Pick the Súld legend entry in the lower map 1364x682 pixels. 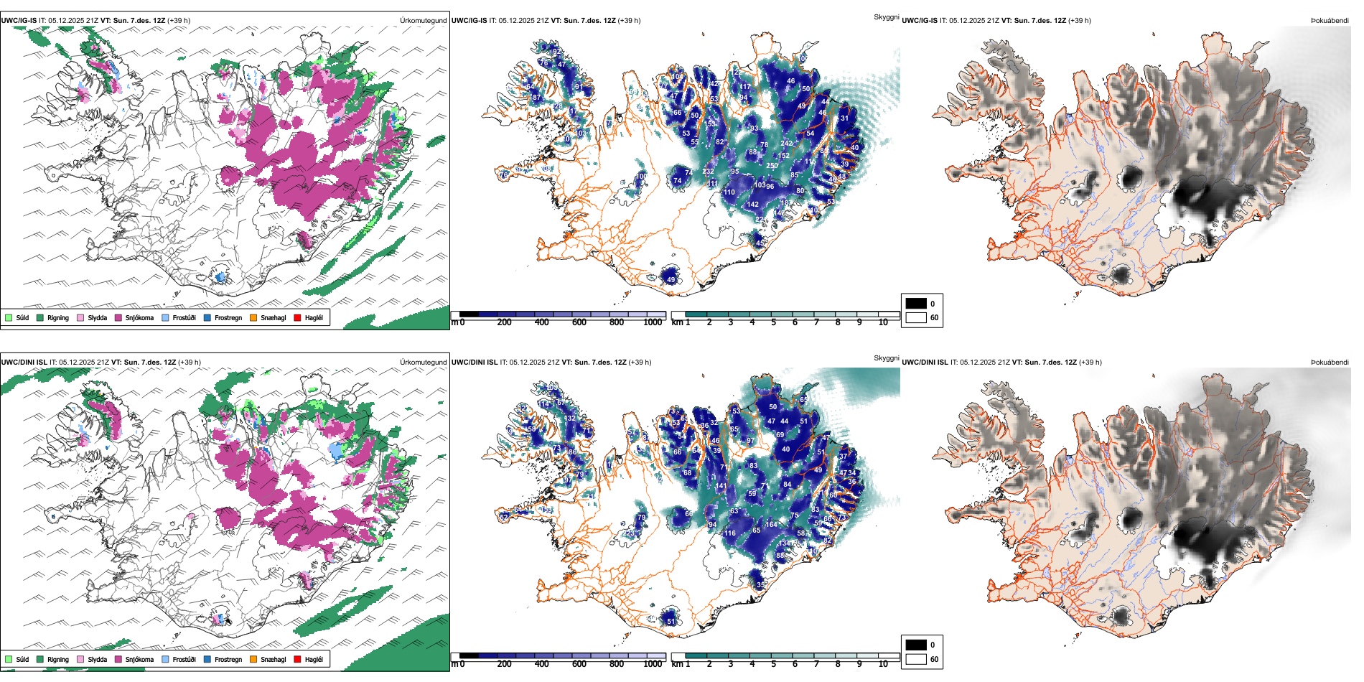click(x=17, y=659)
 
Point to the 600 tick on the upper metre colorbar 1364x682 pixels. click(x=579, y=322)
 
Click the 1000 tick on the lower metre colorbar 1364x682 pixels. click(x=653, y=664)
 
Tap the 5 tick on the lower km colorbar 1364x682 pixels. click(x=773, y=664)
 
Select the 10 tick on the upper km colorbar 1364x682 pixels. click(x=883, y=322)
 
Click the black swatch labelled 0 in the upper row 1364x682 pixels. click(x=916, y=304)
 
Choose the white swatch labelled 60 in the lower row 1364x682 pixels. click(x=916, y=659)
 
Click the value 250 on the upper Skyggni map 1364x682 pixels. click(x=772, y=166)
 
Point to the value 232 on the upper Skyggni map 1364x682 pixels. click(x=708, y=172)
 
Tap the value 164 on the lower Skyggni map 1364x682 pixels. click(x=771, y=525)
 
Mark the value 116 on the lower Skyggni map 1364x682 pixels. click(x=729, y=533)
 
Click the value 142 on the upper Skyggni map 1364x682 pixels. click(x=752, y=205)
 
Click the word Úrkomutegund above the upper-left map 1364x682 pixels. click(x=423, y=21)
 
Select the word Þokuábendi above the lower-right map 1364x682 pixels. click(x=1330, y=363)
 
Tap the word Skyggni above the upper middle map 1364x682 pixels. click(x=886, y=17)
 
